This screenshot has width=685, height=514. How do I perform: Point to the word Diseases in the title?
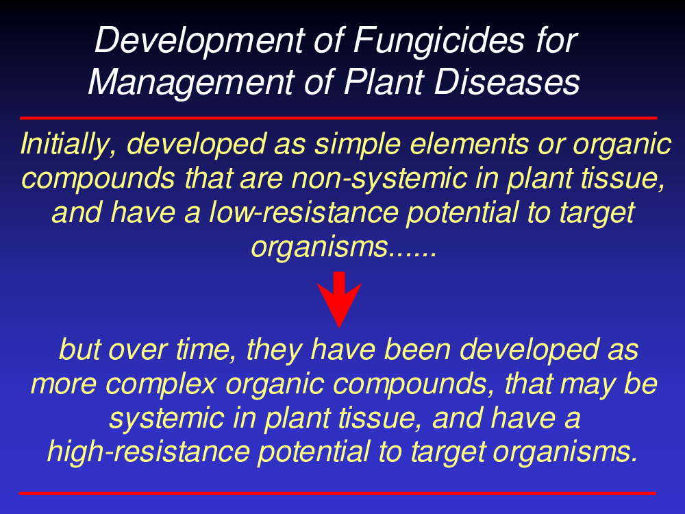(x=507, y=82)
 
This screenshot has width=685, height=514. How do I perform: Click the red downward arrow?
(x=339, y=299)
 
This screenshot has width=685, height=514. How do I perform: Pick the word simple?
(x=357, y=145)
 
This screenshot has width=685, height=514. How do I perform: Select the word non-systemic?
(x=379, y=179)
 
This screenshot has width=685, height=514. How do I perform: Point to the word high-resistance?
(x=149, y=452)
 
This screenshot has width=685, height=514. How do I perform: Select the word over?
(x=138, y=351)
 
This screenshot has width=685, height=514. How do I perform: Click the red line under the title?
(x=338, y=118)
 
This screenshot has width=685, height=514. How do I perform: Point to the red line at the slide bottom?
(x=337, y=493)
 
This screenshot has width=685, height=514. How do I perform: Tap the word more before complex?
(x=64, y=385)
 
